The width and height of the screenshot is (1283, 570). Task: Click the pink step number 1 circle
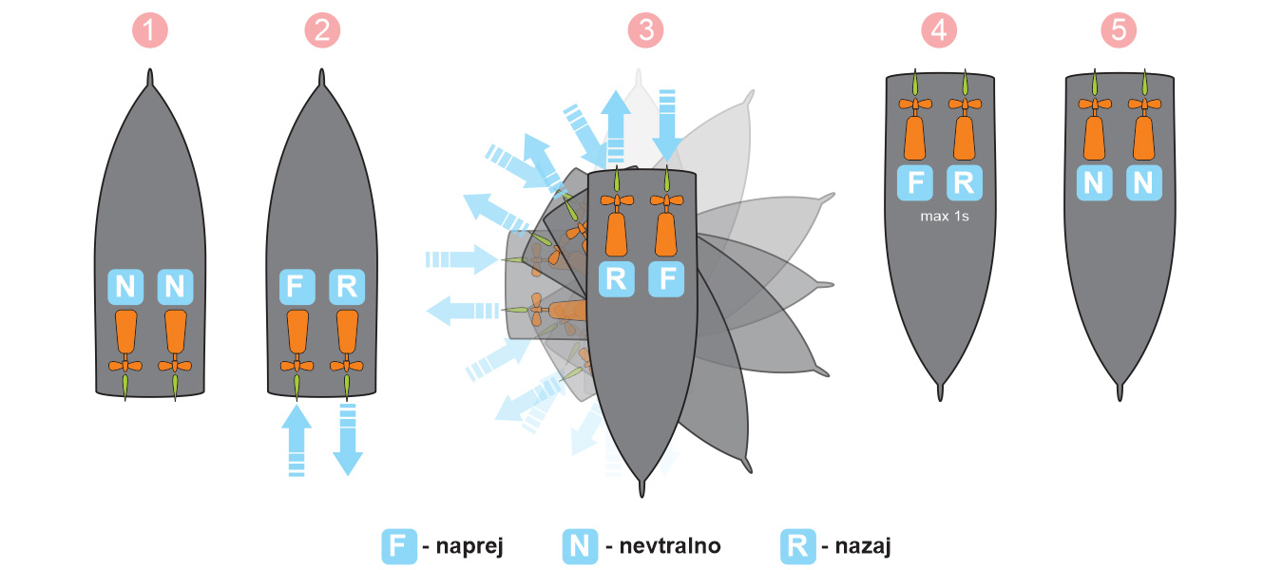[x=150, y=30]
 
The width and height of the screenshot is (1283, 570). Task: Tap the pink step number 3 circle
[x=645, y=30]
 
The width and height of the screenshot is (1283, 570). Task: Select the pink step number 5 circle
[x=1119, y=30]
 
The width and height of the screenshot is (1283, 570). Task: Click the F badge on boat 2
[x=297, y=287]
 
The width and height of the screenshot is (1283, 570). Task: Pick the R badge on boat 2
[x=347, y=287]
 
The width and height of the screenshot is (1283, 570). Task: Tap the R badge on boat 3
[x=616, y=279]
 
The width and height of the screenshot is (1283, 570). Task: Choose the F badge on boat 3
[x=666, y=279]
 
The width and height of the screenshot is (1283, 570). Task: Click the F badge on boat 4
[x=914, y=182]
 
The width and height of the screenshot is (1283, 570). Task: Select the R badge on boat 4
[x=965, y=182]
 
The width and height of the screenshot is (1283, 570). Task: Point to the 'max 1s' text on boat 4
[x=945, y=217]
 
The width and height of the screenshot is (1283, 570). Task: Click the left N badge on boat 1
[x=125, y=287]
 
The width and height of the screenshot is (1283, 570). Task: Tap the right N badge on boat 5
[x=1144, y=182]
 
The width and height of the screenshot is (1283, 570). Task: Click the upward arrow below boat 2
[x=297, y=440]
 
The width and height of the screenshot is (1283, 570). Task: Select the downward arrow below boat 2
[x=348, y=440]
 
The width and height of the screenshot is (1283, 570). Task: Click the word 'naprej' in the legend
[x=469, y=546]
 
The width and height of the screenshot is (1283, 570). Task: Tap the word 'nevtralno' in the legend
[x=670, y=546]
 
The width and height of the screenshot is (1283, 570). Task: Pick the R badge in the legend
[x=798, y=546]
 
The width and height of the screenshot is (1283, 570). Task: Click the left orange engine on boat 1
[x=126, y=332]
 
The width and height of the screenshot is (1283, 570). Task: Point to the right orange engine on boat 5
[x=1144, y=138]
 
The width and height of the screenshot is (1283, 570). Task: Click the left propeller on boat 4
[x=915, y=104]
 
